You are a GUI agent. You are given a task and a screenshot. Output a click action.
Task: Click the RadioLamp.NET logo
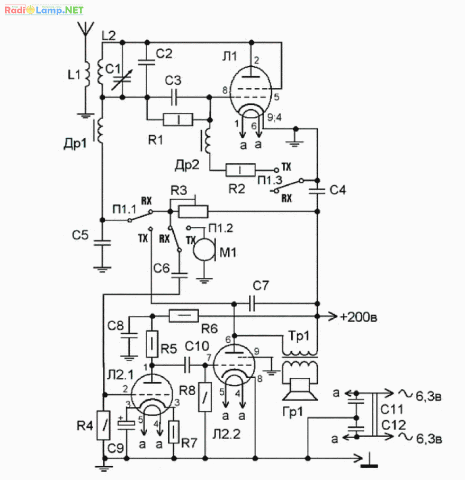[44, 10]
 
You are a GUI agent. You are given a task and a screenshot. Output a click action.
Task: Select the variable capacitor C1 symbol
[122, 79]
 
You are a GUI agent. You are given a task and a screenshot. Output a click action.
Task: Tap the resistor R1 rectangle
[178, 120]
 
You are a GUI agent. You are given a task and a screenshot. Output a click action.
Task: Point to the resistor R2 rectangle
[240, 170]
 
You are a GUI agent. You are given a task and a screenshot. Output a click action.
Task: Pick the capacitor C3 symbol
[174, 97]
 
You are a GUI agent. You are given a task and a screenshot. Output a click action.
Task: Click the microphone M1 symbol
[204, 250]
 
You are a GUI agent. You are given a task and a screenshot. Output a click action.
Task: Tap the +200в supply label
[358, 317]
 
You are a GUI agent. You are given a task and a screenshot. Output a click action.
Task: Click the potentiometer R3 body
[193, 211]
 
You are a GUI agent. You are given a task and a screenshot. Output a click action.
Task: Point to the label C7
[261, 286]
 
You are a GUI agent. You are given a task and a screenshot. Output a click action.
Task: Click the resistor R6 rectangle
[184, 316]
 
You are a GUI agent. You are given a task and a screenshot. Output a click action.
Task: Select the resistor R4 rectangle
[103, 425]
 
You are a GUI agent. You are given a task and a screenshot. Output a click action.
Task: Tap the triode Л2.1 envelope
[151, 395]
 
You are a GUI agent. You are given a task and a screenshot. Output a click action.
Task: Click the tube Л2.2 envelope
[234, 365]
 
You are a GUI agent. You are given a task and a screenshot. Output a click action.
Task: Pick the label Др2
[187, 165]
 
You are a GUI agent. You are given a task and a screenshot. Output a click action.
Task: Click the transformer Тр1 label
[299, 336]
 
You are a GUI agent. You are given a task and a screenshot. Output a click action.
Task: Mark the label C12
[394, 425]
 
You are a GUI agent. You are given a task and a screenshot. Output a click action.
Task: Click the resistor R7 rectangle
[174, 432]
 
